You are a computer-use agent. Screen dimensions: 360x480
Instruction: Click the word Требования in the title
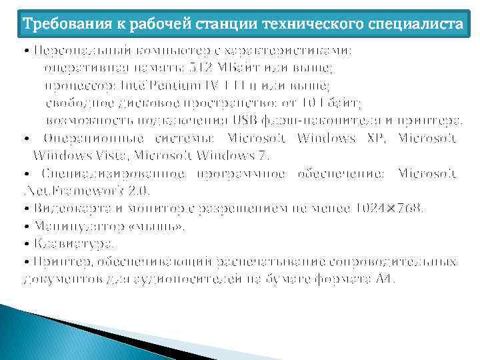[x=58, y=25]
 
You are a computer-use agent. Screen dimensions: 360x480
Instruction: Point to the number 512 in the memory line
[x=201, y=68]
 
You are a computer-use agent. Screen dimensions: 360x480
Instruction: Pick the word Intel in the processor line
[x=139, y=85]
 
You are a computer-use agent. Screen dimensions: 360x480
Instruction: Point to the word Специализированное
[x=107, y=173]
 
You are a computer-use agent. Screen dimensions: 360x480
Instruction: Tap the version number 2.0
[x=138, y=190]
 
